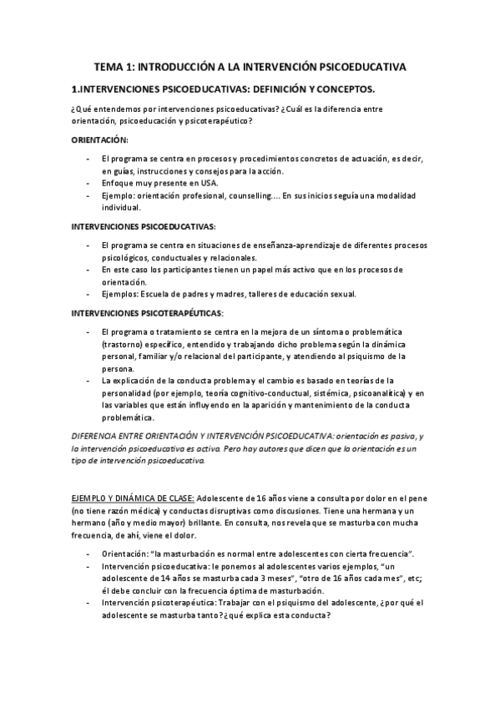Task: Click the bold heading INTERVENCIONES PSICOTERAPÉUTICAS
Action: click(146, 313)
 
